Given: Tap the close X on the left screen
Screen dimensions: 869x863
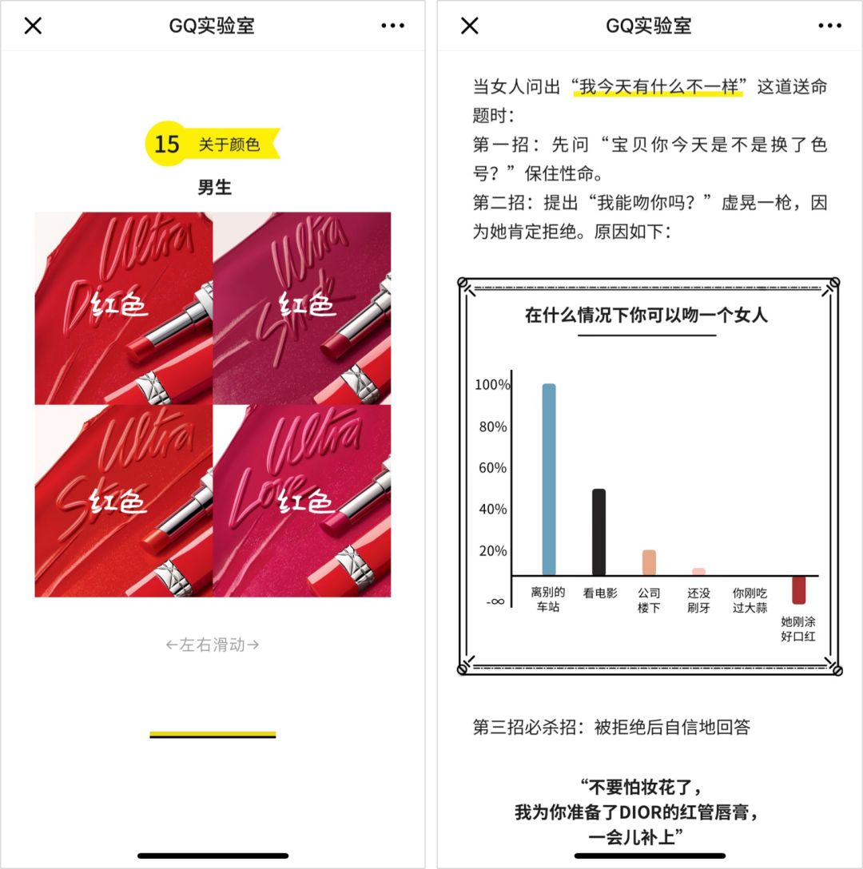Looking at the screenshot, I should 33,26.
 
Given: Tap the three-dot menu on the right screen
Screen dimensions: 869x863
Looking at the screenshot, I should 829,26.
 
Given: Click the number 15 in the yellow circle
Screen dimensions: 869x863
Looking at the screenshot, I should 167,144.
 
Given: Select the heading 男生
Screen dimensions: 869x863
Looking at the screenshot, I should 214,188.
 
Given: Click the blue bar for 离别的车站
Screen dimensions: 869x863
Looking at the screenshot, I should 549,479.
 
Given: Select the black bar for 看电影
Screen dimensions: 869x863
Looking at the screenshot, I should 599,532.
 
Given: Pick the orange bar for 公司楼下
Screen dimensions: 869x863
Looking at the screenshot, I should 649,562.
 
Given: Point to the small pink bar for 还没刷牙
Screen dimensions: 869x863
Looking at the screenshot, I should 698,571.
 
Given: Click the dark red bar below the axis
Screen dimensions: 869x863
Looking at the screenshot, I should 798,589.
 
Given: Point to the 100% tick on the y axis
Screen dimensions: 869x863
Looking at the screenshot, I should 491,385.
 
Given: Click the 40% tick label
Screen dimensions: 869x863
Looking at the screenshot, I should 492,510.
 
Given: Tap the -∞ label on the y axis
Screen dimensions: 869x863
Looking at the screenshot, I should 495,601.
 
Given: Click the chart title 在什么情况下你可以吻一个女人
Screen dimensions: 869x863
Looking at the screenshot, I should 646,315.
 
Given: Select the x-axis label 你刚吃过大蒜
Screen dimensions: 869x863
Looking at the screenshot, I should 750,601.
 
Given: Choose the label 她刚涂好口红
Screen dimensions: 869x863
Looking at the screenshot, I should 798,629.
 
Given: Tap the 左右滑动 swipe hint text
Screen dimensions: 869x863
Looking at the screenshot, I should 213,645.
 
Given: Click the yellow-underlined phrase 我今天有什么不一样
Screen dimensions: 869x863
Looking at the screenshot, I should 658,86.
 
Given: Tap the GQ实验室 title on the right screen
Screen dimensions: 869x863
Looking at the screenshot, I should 648,26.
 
